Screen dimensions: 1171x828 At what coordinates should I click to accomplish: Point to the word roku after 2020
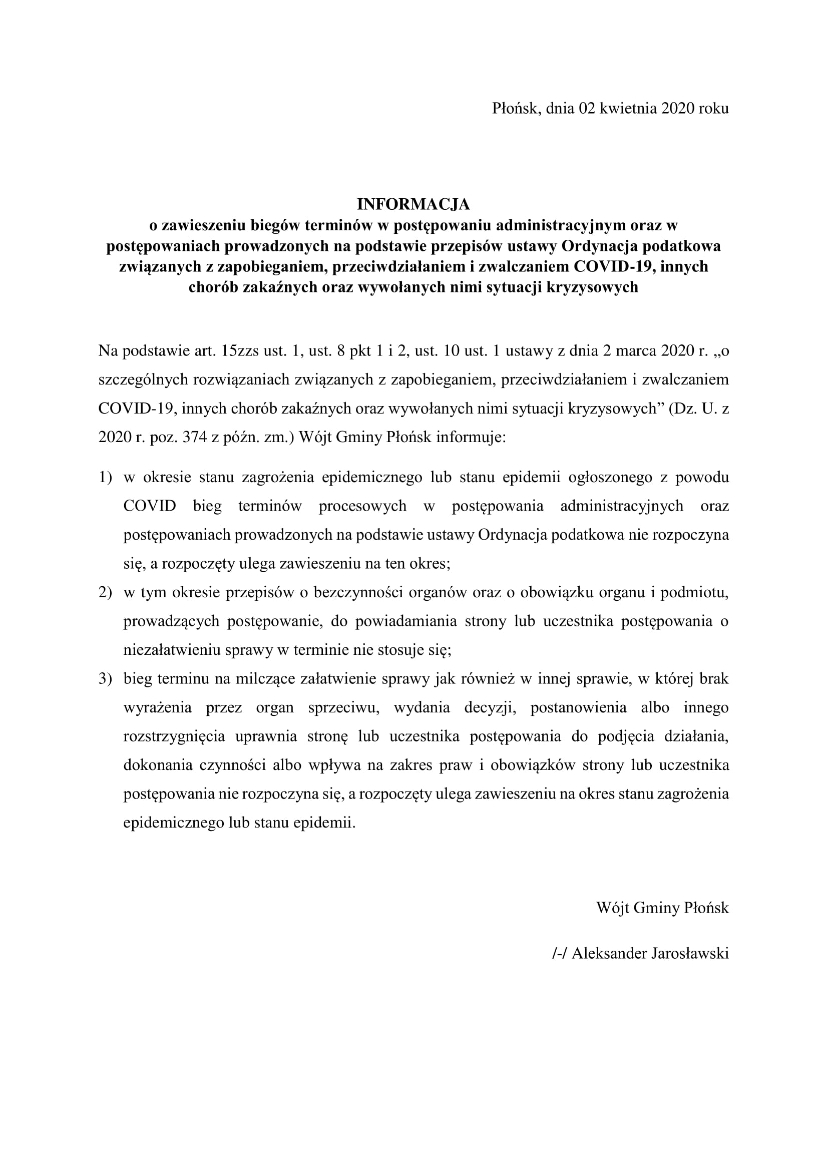click(714, 108)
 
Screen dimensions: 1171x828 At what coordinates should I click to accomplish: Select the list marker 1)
click(105, 478)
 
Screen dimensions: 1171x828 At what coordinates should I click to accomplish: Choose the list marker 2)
click(105, 593)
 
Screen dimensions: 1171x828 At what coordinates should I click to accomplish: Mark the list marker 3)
click(105, 679)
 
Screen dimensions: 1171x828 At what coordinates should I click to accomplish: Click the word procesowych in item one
click(362, 506)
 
